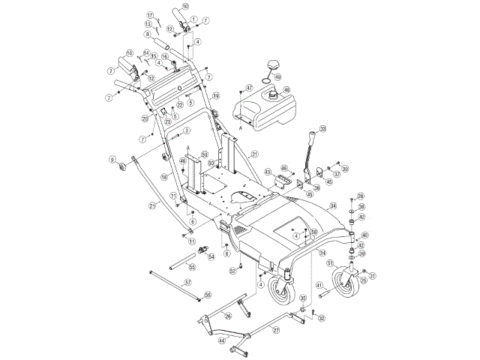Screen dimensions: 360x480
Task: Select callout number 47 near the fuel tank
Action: (250, 88)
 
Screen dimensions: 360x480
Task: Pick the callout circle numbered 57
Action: (188, 282)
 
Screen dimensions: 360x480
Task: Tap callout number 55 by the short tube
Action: (192, 267)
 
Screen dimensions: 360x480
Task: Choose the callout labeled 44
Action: (222, 340)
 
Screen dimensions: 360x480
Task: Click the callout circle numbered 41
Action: (318, 286)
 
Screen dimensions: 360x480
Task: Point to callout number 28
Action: (361, 196)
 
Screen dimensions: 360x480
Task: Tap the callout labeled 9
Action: (112, 159)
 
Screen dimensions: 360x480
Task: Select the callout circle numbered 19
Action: (215, 95)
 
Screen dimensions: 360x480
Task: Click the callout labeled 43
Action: (267, 172)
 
